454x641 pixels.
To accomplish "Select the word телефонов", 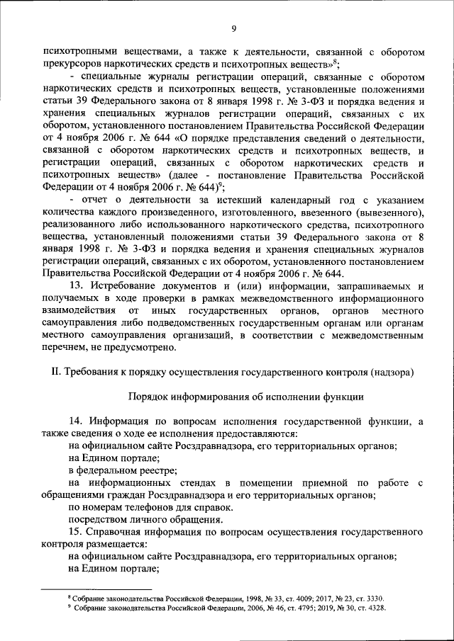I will (x=149, y=507).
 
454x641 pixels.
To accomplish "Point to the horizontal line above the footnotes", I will (x=96, y=589).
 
